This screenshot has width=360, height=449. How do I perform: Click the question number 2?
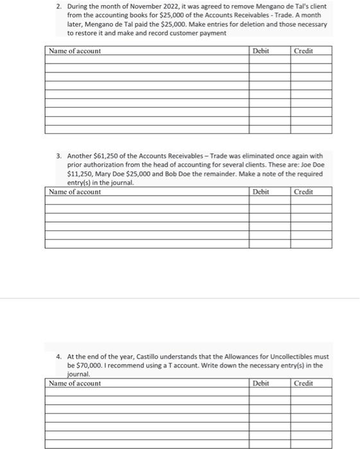[x=57, y=6]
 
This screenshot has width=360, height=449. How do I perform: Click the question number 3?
[x=57, y=155]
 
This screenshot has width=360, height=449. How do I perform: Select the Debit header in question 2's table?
[x=261, y=51]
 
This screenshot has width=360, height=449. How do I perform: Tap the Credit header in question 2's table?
[x=303, y=51]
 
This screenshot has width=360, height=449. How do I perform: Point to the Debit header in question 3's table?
[x=261, y=192]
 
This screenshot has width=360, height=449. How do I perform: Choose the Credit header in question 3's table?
[x=303, y=192]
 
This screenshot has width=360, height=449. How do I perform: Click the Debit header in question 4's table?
[x=261, y=384]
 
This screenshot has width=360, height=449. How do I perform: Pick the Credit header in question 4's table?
[x=303, y=384]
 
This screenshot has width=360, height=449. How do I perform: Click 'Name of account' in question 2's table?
[x=75, y=51]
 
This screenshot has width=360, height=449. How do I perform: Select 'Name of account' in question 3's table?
[x=75, y=192]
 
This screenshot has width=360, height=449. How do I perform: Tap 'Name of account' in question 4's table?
[x=75, y=384]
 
